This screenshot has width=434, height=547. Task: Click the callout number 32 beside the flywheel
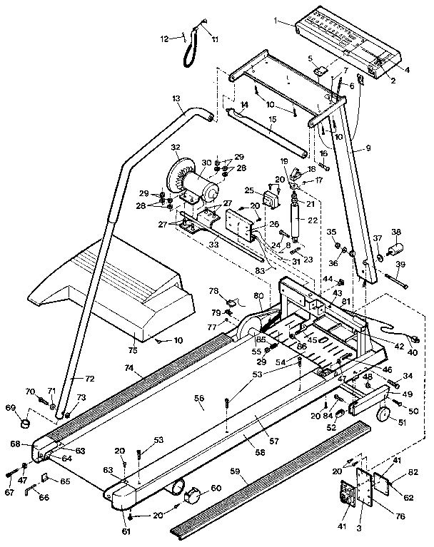[176, 148]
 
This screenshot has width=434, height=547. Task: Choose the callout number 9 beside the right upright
[369, 148]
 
